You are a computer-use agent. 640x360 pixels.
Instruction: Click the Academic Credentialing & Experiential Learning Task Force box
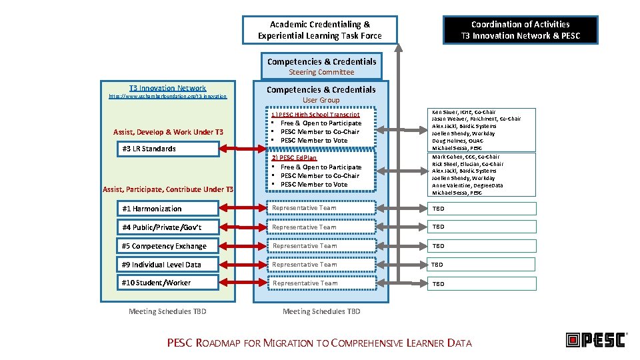click(x=319, y=30)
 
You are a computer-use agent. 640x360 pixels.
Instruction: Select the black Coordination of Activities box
click(x=521, y=30)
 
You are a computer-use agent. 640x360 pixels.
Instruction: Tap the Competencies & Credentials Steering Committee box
click(x=321, y=66)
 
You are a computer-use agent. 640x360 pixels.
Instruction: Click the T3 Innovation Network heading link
click(x=167, y=88)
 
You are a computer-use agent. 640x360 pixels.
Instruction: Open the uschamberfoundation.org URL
click(x=167, y=97)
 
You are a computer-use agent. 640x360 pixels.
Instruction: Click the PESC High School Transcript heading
click(x=315, y=115)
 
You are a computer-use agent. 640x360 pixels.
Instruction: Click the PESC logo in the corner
click(x=595, y=340)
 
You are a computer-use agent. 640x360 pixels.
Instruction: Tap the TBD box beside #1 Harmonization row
click(x=482, y=209)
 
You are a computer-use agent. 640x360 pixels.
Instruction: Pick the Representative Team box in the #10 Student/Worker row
click(x=321, y=283)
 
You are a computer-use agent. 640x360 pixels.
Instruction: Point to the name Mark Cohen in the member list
click(x=447, y=157)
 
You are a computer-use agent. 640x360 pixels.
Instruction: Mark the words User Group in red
click(x=321, y=100)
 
